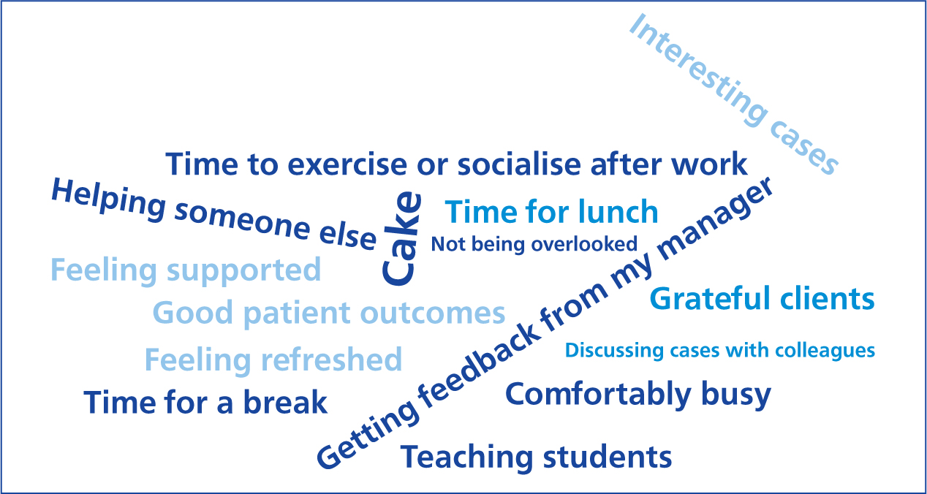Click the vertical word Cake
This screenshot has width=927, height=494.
point(401,239)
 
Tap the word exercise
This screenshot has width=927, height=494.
point(347,164)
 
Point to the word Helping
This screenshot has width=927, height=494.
point(108,202)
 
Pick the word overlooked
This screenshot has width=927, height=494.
point(584,243)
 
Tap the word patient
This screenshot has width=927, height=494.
point(297,314)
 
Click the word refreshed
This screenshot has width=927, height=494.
point(331,359)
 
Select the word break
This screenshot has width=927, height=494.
point(285,402)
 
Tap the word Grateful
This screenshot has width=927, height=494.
point(710,298)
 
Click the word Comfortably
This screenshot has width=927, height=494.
point(599,395)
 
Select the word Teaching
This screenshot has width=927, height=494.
point(467,458)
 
